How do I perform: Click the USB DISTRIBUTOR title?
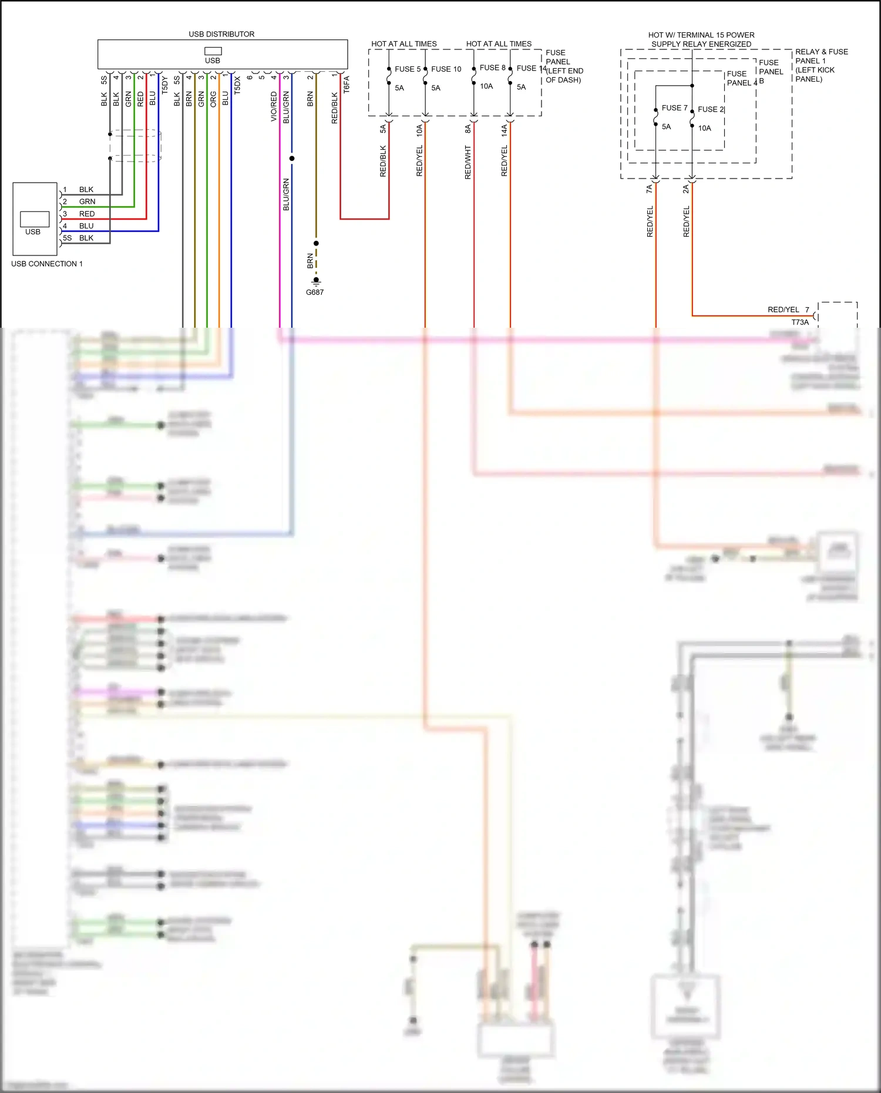click(221, 34)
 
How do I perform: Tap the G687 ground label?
click(315, 292)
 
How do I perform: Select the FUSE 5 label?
click(407, 69)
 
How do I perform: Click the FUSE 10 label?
click(446, 69)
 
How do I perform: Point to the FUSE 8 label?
click(492, 68)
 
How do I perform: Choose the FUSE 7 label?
click(674, 107)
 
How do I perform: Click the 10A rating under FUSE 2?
click(704, 128)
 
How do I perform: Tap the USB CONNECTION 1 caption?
click(47, 264)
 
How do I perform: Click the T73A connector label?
click(800, 322)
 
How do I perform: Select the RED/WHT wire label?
click(468, 162)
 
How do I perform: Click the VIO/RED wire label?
click(274, 106)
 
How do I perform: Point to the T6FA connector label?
click(347, 84)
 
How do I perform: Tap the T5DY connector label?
click(164, 85)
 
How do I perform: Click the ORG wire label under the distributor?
click(213, 99)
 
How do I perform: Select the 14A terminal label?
click(504, 130)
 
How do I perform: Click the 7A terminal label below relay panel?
click(649, 189)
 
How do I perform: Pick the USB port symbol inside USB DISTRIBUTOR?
click(213, 51)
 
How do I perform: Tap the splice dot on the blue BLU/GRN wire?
click(292, 159)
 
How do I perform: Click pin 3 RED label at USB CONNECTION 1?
click(86, 214)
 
